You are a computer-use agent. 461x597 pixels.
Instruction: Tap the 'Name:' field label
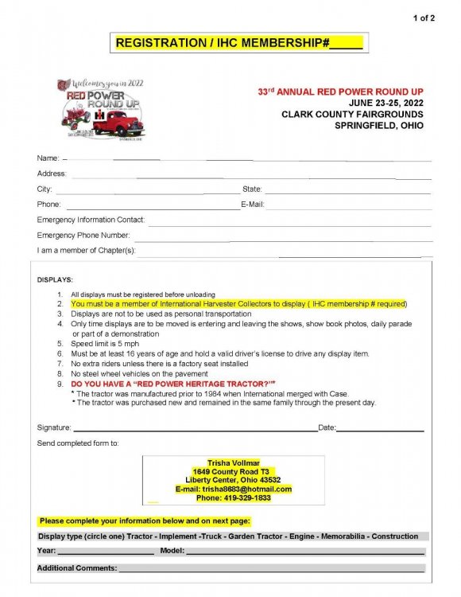(48, 159)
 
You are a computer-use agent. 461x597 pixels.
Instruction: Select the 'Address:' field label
(52, 174)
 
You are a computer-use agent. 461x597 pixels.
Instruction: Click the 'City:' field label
(45, 189)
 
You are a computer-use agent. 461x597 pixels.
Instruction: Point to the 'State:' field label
(252, 189)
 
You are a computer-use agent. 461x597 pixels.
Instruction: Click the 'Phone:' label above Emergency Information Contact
(48, 205)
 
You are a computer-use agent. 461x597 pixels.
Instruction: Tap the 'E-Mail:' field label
(252, 205)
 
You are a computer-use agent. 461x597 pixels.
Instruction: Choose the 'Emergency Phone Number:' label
(83, 235)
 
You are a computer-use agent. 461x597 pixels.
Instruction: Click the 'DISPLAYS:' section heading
(55, 280)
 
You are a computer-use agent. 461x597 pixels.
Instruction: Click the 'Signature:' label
(54, 428)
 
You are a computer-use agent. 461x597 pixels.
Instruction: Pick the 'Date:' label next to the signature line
(327, 428)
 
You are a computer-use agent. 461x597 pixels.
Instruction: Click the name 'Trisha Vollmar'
(234, 462)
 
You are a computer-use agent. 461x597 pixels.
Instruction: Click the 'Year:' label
(47, 551)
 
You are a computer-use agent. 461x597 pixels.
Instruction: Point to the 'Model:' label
(172, 551)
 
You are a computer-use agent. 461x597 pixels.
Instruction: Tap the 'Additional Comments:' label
(77, 568)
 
